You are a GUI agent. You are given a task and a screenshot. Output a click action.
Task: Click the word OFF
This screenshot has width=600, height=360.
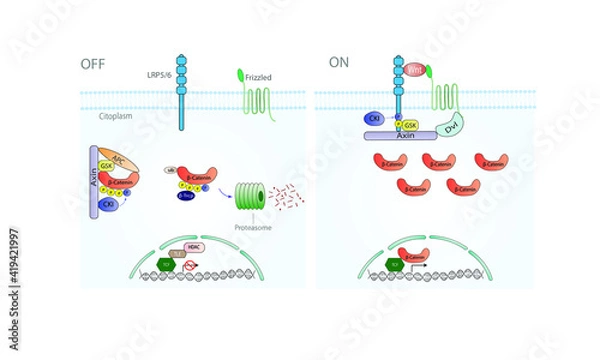[x=93, y=64]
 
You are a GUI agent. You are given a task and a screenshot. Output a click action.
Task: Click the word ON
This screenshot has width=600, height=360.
[x=340, y=64]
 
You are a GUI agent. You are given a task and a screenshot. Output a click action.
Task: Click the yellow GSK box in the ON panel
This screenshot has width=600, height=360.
[x=411, y=128]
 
